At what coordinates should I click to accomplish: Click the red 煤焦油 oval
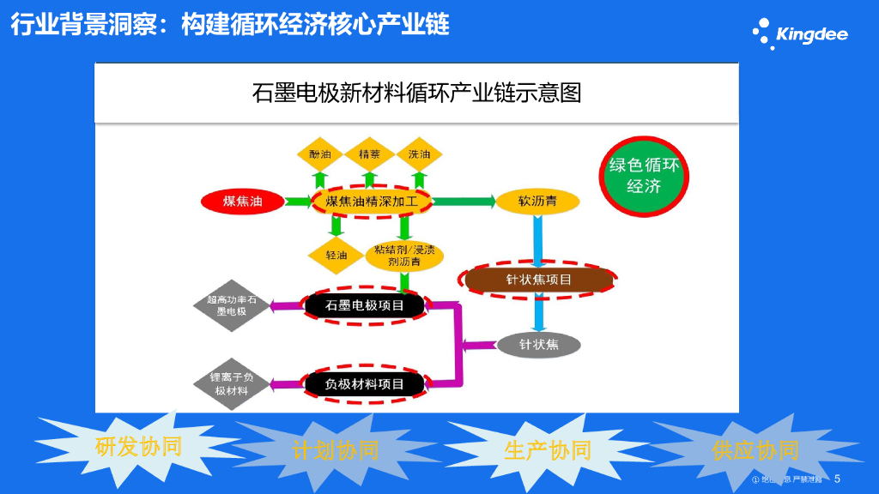pos(242,202)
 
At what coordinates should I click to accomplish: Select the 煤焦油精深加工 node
pos(371,202)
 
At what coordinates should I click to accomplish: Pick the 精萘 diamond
pos(370,154)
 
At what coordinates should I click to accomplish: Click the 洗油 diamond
pos(420,154)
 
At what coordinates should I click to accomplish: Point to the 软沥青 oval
pos(537,202)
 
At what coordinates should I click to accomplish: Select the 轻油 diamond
pos(336,255)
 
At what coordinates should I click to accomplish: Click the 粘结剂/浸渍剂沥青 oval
pos(404,255)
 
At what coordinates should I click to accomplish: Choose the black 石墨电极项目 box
pos(366,305)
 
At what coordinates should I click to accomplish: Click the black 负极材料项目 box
pos(365,384)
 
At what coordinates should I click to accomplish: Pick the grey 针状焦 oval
pos(539,345)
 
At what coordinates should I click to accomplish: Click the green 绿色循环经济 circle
pos(644,174)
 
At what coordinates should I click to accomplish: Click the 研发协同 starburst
pos(137,446)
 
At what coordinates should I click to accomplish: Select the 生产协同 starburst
pos(547,450)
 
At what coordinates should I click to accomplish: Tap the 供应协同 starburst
pos(755,449)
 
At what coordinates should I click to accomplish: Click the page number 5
pos(837,479)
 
